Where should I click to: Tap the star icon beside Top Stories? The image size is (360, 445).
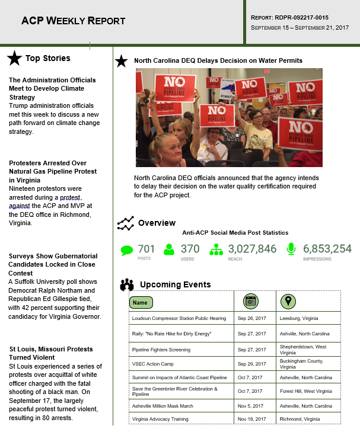click(x=15, y=58)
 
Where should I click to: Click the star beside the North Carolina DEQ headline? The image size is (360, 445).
click(x=122, y=60)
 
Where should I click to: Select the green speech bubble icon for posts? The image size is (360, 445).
click(x=127, y=249)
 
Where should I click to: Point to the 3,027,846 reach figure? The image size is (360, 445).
click(x=252, y=249)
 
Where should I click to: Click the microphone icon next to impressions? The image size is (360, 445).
click(x=291, y=249)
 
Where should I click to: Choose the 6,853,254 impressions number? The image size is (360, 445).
click(x=327, y=249)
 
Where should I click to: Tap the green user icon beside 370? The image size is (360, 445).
click(x=170, y=249)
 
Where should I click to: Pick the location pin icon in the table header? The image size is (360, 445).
click(x=288, y=302)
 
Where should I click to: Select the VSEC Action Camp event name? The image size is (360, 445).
click(x=150, y=363)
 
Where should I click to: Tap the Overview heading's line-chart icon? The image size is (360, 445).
click(x=125, y=223)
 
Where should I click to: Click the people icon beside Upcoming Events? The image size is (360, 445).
click(x=127, y=285)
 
